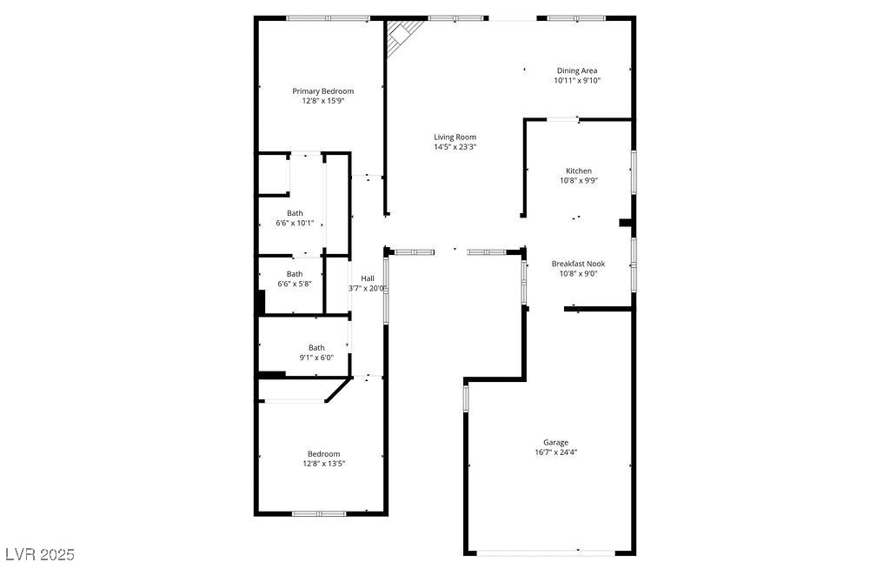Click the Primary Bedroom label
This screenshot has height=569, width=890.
[322, 91]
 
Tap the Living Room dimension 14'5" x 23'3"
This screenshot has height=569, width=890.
[455, 147]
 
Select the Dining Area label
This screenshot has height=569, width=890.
[577, 70]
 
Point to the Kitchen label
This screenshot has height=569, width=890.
[579, 171]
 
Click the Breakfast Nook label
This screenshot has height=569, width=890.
[578, 264]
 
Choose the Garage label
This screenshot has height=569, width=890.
[555, 442]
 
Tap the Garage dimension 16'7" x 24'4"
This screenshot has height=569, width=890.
[555, 452]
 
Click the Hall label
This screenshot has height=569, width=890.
[368, 278]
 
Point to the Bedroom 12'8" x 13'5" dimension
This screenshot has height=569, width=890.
[322, 464]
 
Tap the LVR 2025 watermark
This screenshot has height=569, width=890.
[40, 554]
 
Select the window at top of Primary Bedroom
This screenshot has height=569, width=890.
[328, 18]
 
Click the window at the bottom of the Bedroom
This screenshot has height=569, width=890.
[319, 513]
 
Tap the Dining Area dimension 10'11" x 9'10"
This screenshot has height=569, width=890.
[577, 81]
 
